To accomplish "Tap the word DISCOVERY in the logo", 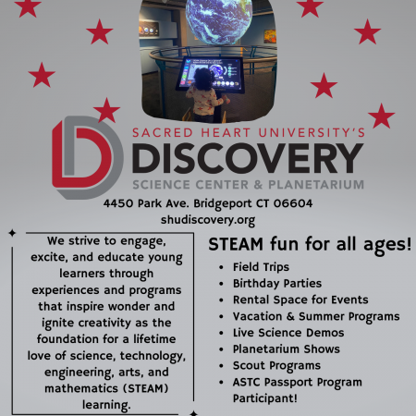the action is pos(248,158).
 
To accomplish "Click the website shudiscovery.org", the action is pos(208,220).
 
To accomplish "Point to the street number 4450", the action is pos(118,203).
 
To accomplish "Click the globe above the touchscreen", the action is pos(219,19).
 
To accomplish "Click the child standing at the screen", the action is pos(204,96).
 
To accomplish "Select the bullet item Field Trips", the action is pos(261,267).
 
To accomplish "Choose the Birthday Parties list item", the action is pos(277,284).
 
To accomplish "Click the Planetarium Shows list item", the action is pos(287,349).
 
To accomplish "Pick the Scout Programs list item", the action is pos(276,366).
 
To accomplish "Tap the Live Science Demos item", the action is pos(288,333).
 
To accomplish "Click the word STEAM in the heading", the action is pos(236,244).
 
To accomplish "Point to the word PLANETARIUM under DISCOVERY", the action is pos(316,185).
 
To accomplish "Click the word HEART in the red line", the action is pos(226,133).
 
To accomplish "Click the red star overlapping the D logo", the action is pos(106,110).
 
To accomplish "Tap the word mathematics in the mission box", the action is pos(81,388).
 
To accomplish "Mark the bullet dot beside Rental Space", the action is pos(221,300).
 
